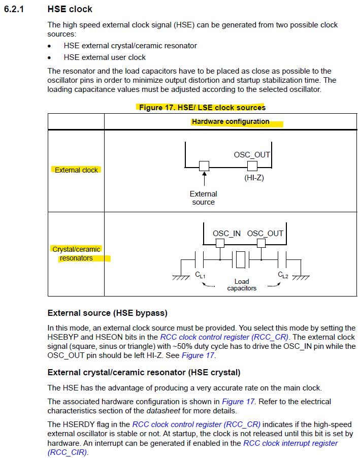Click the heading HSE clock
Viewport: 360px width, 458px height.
click(x=70, y=9)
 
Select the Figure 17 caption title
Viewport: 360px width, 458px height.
click(x=202, y=107)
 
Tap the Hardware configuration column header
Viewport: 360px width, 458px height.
click(x=231, y=122)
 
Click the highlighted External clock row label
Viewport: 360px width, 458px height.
click(x=76, y=170)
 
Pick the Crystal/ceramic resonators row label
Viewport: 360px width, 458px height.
click(x=77, y=253)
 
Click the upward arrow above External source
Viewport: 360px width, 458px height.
click(x=204, y=179)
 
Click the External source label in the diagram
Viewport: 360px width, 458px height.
click(x=204, y=198)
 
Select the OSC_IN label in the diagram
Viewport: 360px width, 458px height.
click(x=226, y=234)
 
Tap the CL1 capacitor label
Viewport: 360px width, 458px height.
click(x=200, y=275)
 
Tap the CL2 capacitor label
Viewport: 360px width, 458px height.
click(x=283, y=275)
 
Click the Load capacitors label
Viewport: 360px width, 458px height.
click(x=241, y=285)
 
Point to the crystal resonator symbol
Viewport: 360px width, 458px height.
click(x=241, y=259)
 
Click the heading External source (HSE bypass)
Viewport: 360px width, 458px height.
click(x=107, y=313)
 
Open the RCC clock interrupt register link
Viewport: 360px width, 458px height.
click(x=290, y=443)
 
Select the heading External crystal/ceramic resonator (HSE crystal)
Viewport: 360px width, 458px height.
click(x=144, y=373)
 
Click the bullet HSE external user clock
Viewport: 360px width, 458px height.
click(x=105, y=57)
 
